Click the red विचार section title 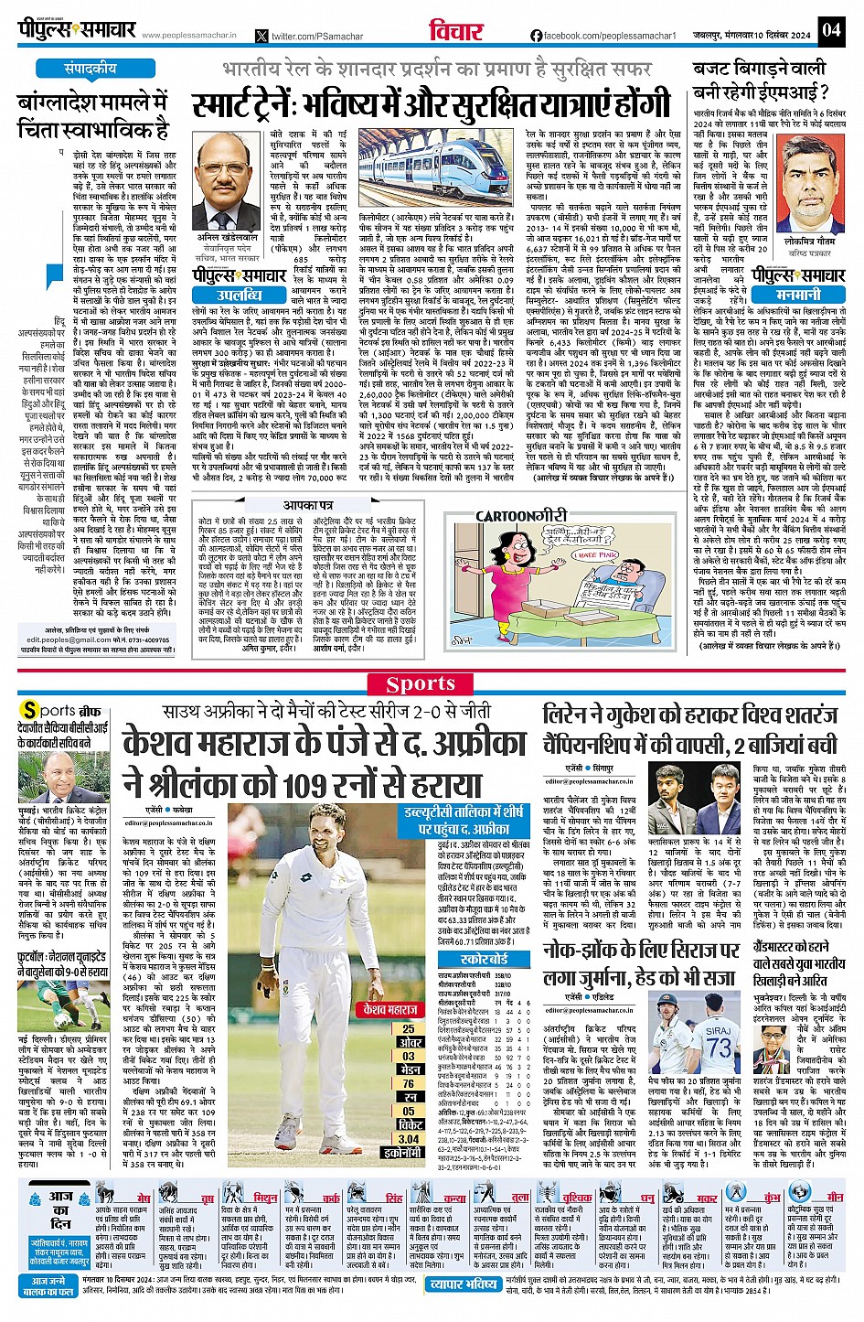click(456, 31)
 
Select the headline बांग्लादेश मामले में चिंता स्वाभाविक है click(93, 114)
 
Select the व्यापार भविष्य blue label click(464, 1284)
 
